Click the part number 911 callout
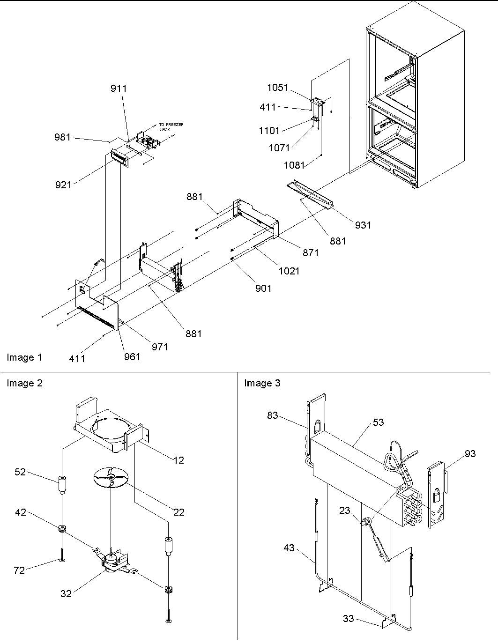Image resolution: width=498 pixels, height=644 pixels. click(x=119, y=89)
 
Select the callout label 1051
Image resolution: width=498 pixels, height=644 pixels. click(x=277, y=88)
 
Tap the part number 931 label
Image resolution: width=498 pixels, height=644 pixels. click(x=363, y=225)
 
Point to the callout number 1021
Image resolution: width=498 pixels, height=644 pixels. click(x=289, y=271)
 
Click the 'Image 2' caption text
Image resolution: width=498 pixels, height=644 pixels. click(x=24, y=383)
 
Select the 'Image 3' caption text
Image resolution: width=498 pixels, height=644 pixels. click(x=262, y=383)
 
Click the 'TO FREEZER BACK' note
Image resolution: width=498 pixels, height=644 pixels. click(x=171, y=126)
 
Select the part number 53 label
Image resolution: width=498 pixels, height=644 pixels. click(x=378, y=422)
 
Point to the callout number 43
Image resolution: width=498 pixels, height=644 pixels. click(x=289, y=548)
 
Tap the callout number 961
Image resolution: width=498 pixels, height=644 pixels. click(x=132, y=357)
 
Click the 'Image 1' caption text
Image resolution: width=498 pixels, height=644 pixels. click(x=24, y=357)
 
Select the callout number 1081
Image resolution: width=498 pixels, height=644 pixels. click(x=294, y=165)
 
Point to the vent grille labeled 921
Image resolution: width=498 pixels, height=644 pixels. click(x=119, y=158)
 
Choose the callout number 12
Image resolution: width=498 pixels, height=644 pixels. click(x=178, y=460)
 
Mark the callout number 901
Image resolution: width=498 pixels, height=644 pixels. click(x=263, y=289)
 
